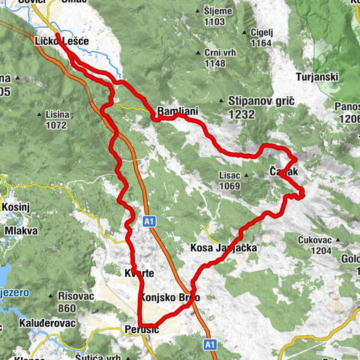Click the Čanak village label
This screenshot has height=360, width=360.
coord(284,172)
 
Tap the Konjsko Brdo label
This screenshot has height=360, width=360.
coord(169,298)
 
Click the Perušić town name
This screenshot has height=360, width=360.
coord(138,328)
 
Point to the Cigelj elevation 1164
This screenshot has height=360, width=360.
coord(261,43)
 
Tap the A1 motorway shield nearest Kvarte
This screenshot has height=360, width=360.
coord(149,221)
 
